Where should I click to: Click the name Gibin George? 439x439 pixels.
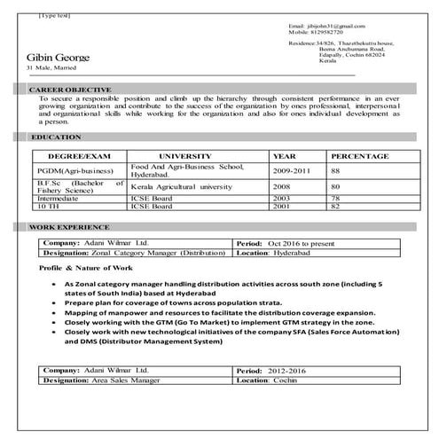[x=59, y=59]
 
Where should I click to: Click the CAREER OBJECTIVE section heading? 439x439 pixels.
[x=71, y=90]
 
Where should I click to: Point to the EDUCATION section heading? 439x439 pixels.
[x=56, y=137]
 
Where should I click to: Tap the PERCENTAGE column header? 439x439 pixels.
[x=362, y=155]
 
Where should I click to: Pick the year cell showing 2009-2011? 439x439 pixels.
[x=294, y=169]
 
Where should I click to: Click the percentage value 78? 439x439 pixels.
[x=335, y=199]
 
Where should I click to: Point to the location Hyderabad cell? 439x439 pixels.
[x=286, y=252]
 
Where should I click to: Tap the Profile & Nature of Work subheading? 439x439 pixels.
[x=86, y=266]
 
